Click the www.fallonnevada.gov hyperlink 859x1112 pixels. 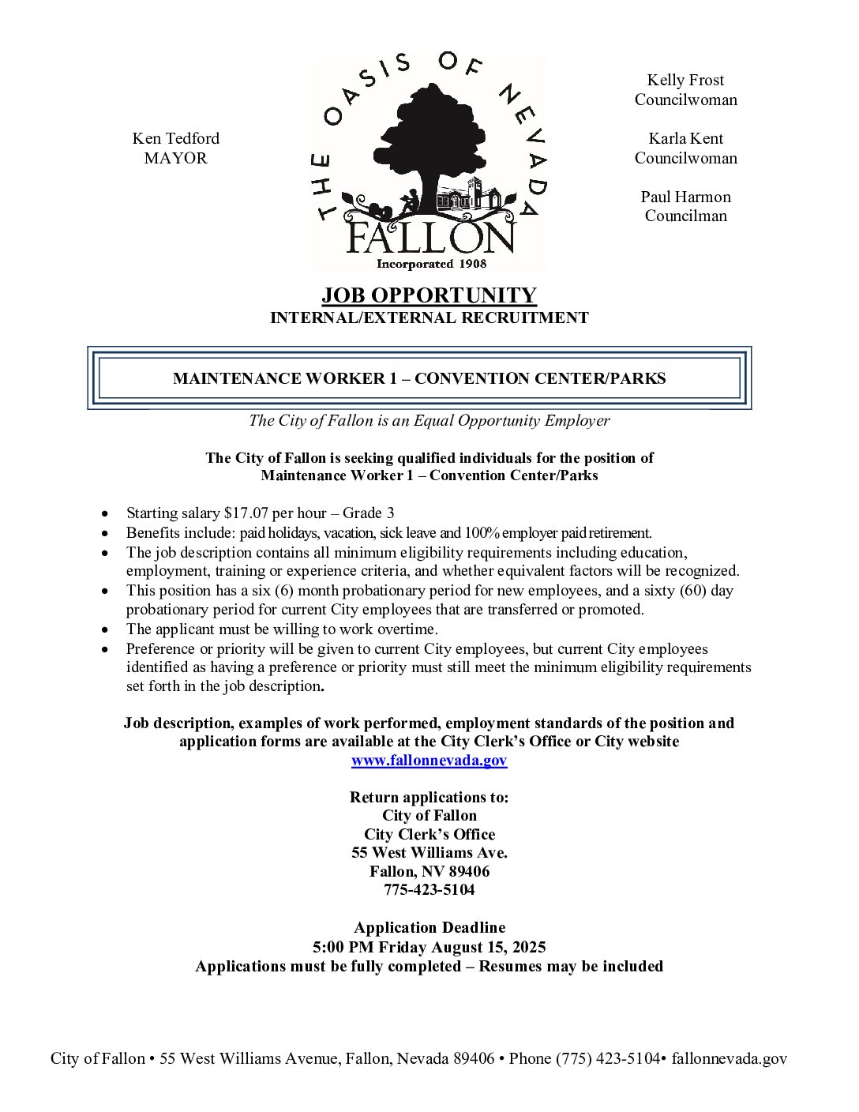point(429,761)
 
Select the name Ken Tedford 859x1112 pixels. point(175,139)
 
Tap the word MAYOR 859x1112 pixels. point(175,158)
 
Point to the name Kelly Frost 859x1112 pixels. point(685,80)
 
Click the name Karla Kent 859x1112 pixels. point(685,139)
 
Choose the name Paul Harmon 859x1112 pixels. point(685,197)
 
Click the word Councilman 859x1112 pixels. point(685,216)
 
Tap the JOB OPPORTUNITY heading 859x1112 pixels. point(429,295)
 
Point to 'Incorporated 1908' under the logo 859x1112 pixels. point(431,264)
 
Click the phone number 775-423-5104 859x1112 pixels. point(429,890)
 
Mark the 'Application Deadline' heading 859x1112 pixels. point(429,928)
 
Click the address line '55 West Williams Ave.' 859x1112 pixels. point(429,853)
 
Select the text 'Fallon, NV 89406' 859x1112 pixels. point(429,872)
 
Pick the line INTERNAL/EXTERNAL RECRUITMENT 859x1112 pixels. point(429,318)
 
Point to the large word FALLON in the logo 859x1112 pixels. point(431,237)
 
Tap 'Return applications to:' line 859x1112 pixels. point(429,798)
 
